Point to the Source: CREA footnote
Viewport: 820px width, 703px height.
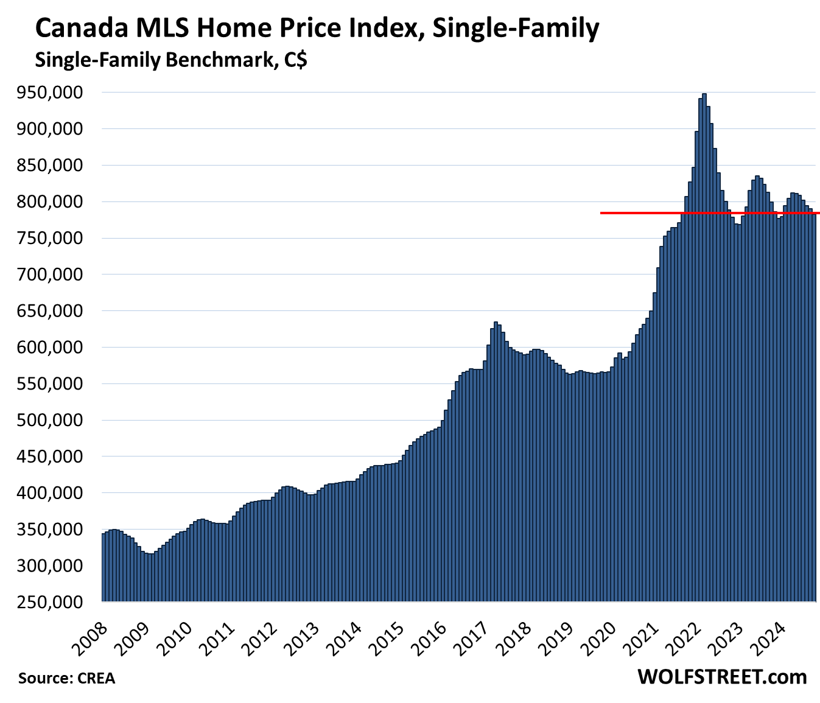click(66, 678)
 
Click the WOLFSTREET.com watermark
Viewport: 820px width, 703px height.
click(722, 677)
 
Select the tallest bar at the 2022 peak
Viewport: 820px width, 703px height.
click(704, 347)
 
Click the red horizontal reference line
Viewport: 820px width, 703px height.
click(670, 213)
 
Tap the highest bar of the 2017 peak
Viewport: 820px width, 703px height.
click(496, 463)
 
